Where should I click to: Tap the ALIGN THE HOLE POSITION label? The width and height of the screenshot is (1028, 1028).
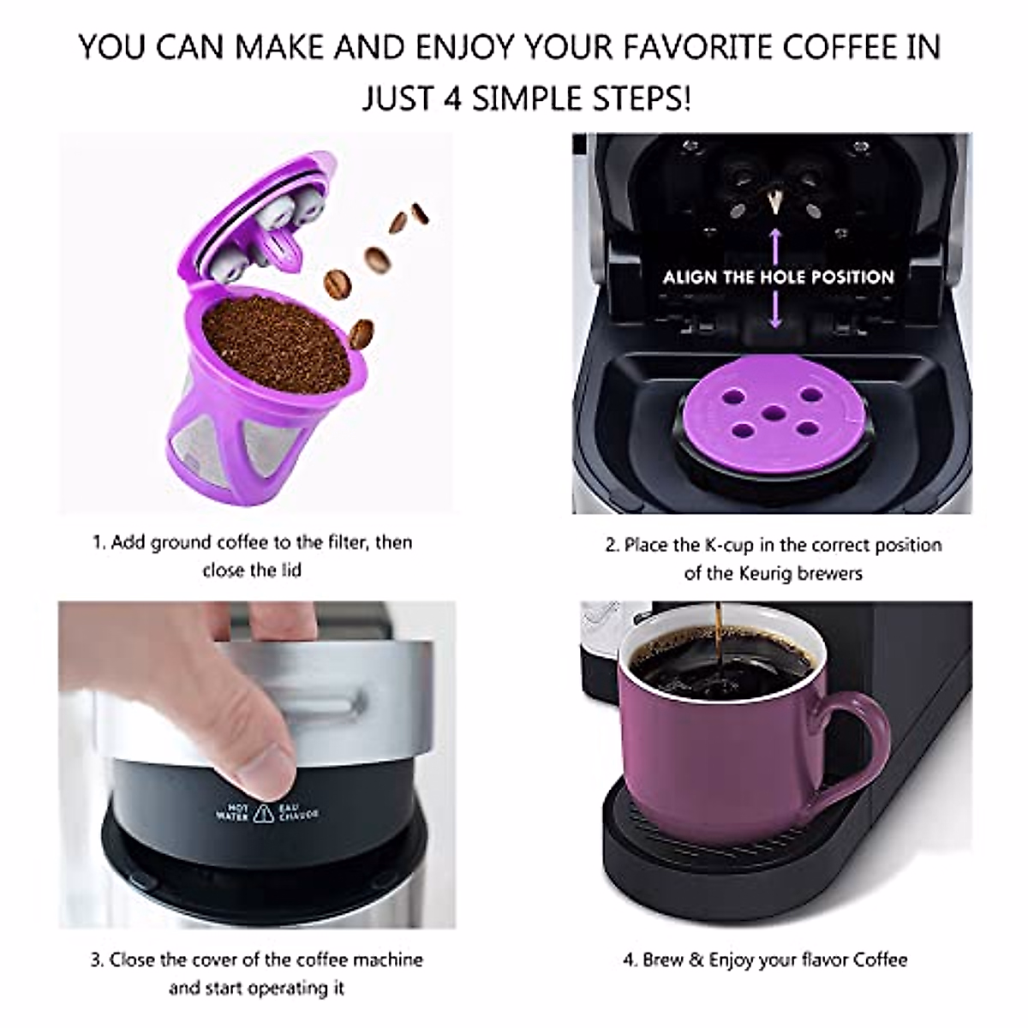click(778, 277)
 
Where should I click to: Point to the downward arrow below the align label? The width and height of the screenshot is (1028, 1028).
click(776, 313)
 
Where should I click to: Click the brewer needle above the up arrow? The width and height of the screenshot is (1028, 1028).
click(776, 202)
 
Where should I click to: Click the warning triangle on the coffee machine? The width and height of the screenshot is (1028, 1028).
click(265, 813)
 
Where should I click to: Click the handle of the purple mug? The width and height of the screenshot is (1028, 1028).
click(857, 745)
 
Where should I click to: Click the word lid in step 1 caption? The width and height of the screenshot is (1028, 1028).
click(290, 571)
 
